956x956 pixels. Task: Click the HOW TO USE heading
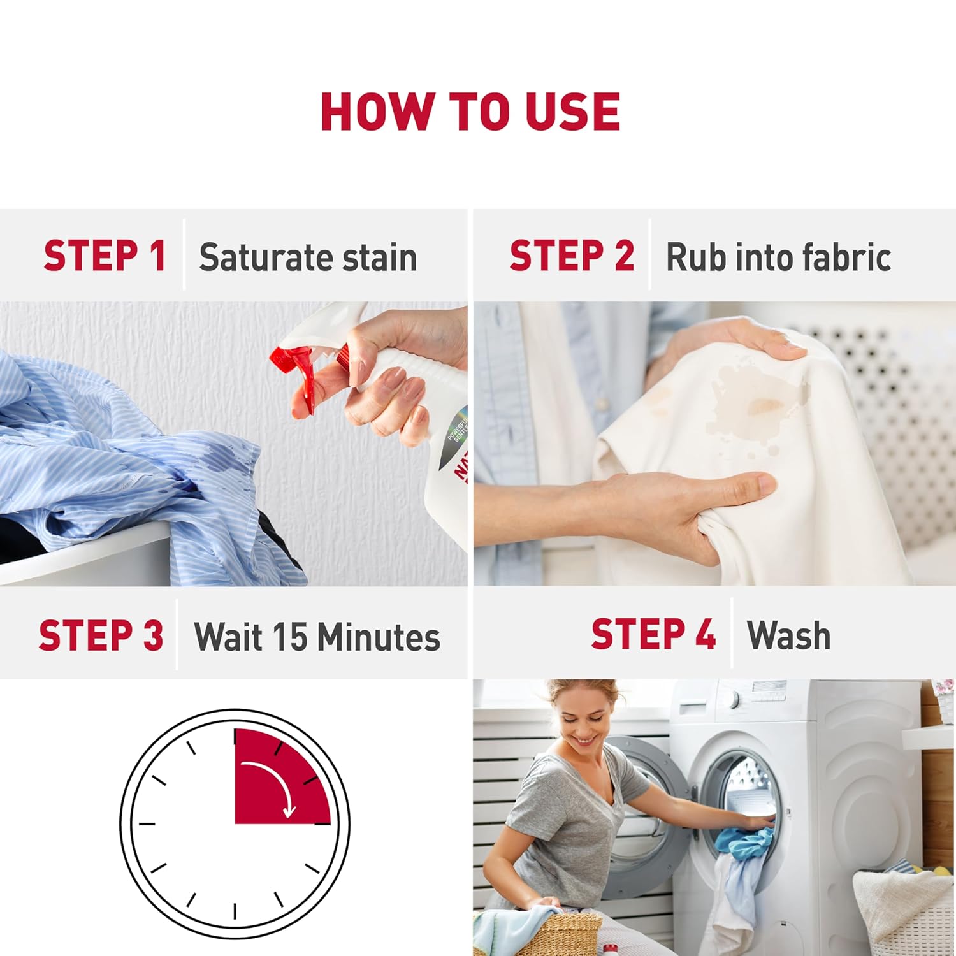(470, 112)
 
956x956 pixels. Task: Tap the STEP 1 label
(105, 256)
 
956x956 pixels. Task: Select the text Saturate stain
(308, 257)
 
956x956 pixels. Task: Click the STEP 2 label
(572, 256)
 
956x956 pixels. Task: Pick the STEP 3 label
(101, 635)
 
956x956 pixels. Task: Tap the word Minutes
(379, 637)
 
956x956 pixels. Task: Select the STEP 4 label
(653, 634)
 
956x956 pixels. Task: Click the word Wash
(789, 635)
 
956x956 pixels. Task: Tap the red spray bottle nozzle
(309, 377)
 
